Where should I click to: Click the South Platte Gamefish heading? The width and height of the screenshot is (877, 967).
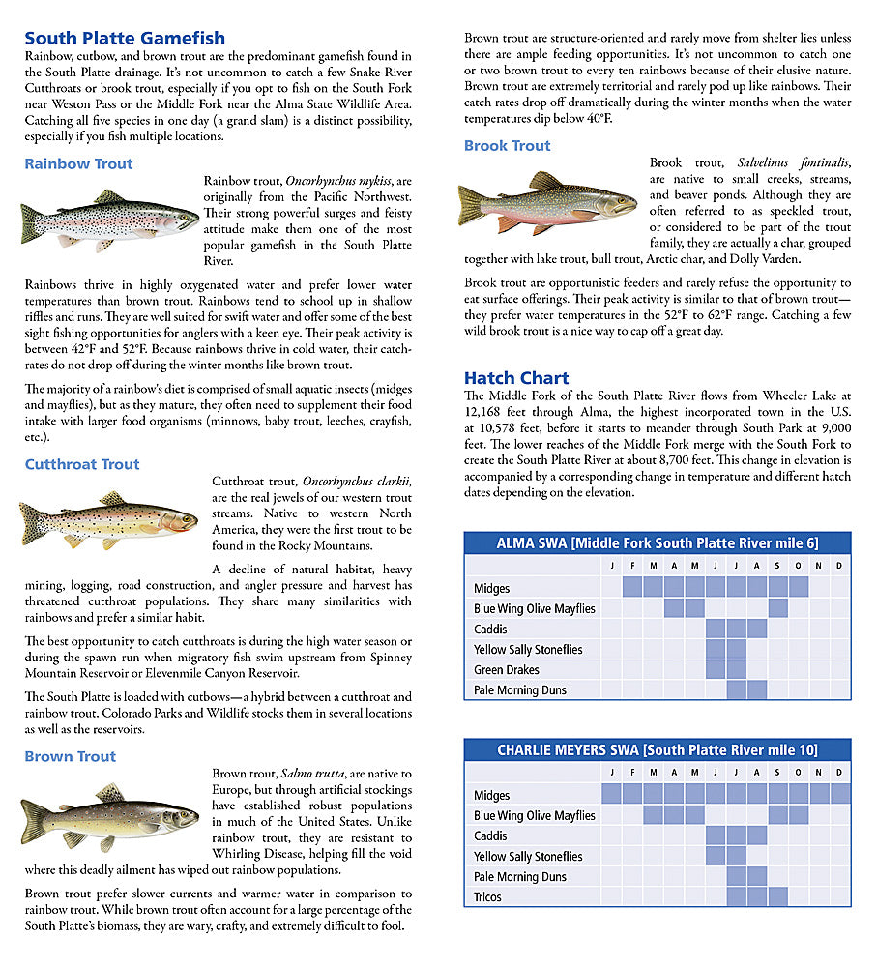125,39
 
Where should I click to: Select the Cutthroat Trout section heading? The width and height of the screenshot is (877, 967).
82,464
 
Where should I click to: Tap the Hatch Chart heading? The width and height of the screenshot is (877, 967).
516,378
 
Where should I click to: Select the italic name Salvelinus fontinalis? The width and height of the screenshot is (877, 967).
794,162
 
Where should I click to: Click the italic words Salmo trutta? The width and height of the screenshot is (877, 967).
312,774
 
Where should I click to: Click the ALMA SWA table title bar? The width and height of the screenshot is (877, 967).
658,543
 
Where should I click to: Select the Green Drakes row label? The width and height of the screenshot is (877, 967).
507,669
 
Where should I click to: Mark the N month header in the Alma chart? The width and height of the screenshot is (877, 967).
818,566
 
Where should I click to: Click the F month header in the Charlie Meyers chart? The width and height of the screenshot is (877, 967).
632,773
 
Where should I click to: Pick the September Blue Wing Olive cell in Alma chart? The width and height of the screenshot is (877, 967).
777,608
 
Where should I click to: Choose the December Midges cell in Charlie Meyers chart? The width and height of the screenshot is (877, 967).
839,794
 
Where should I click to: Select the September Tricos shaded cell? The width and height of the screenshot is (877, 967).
777,896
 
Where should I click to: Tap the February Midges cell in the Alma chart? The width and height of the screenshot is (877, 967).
632,587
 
